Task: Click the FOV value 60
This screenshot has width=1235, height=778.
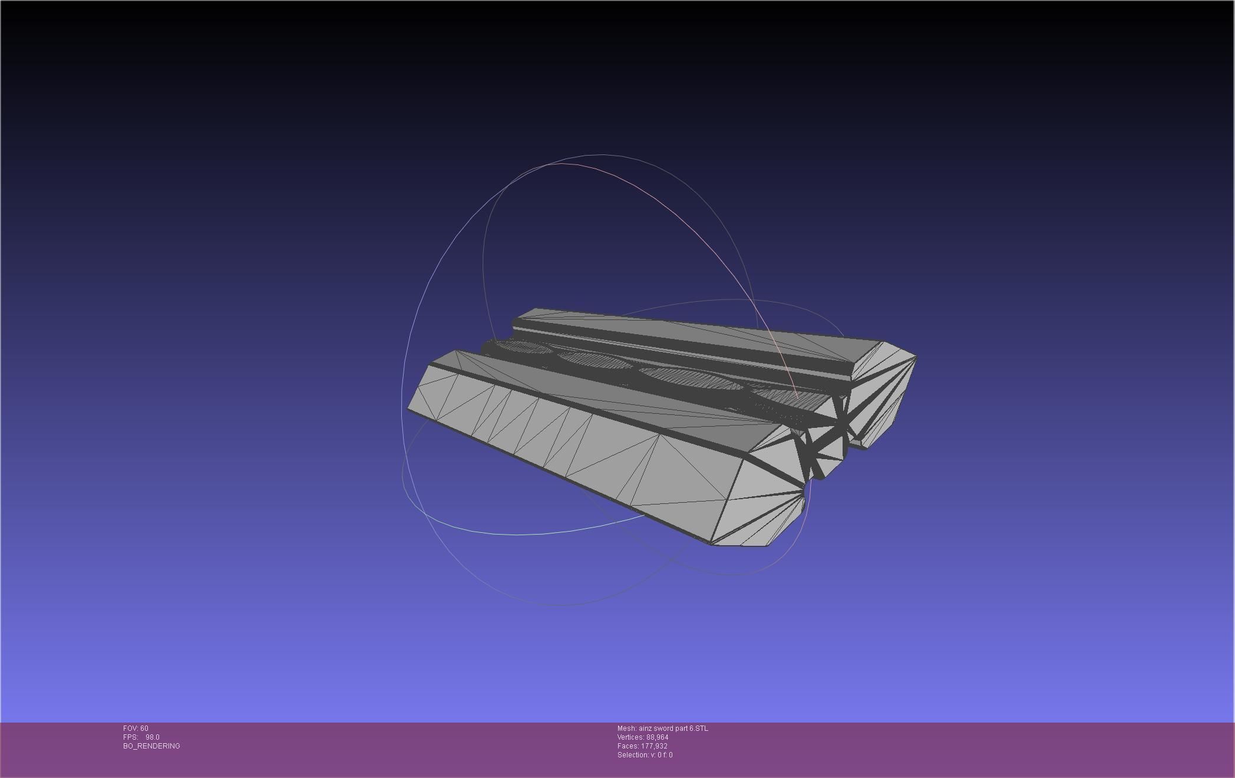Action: coord(144,728)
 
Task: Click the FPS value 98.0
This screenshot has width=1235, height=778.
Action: coord(152,737)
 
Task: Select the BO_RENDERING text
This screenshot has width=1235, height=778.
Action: coord(151,746)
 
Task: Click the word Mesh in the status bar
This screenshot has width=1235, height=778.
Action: coord(626,728)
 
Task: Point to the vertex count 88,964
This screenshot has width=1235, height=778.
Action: coord(657,737)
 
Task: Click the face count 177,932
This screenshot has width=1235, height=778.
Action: coord(654,746)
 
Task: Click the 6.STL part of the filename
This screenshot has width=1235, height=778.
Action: coord(699,728)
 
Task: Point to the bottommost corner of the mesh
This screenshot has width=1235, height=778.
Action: coord(713,544)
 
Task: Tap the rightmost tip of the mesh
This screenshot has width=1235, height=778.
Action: coord(916,357)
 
